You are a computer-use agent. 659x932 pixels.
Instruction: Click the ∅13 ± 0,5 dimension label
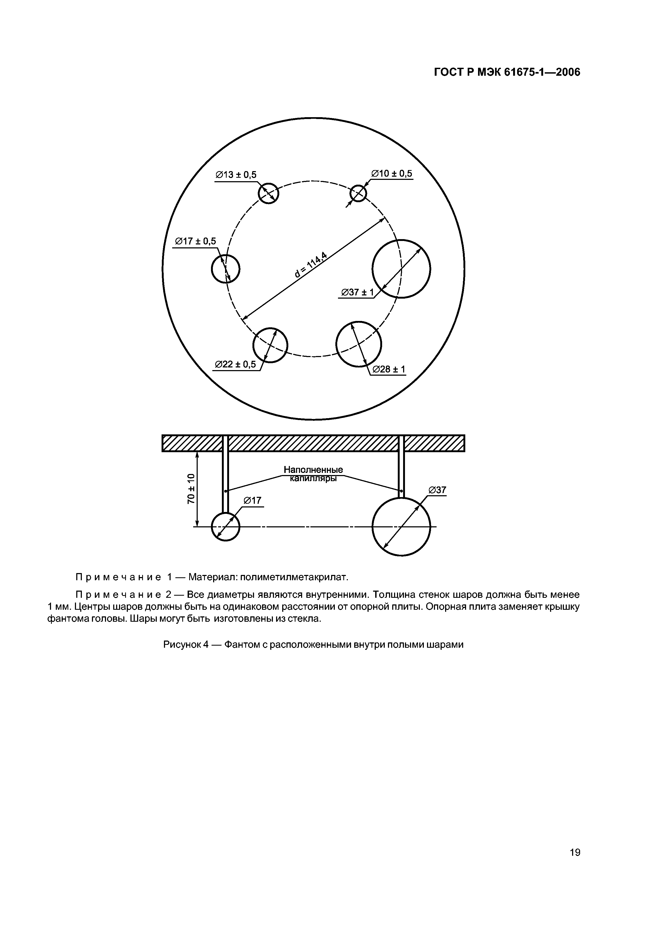point(236,175)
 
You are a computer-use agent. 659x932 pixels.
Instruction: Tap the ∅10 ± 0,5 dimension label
point(391,174)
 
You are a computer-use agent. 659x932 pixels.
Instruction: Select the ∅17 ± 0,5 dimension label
point(195,242)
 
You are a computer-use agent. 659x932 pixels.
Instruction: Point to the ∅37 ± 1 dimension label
point(357,292)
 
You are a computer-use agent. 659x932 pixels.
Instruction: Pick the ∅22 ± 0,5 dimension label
point(235,365)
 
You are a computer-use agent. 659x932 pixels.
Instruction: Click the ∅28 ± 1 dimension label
point(388,369)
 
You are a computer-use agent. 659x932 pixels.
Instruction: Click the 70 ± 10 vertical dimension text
point(191,489)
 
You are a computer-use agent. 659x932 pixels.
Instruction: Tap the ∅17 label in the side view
point(252,501)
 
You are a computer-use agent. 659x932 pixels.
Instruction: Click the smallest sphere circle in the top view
point(358,194)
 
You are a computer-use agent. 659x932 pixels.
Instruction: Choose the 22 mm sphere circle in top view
point(270,345)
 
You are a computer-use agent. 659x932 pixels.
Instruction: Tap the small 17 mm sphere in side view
point(226,527)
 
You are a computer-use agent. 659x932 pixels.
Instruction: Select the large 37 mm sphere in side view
point(401,527)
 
